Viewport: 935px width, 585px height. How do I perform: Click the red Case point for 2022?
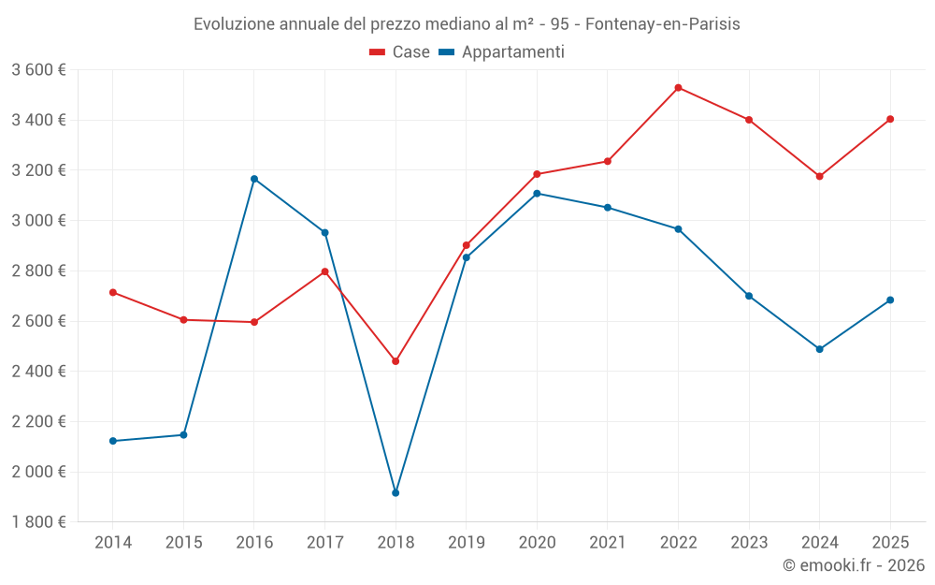point(678,88)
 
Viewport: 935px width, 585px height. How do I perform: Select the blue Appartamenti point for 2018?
point(396,493)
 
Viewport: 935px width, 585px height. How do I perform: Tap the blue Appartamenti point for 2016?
point(254,179)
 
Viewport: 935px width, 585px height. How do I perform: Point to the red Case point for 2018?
point(396,361)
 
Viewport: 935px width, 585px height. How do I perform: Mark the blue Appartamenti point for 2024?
point(819,349)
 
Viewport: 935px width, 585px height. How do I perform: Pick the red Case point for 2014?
point(113,292)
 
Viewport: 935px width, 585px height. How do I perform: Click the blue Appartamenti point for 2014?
point(113,441)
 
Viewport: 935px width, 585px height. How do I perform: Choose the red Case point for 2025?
point(890,120)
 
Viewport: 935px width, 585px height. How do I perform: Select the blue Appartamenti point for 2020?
point(537,194)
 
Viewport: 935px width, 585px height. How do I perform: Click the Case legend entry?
point(399,51)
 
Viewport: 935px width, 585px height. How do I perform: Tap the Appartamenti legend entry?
point(501,51)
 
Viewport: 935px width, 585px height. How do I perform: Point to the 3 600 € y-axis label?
point(38,70)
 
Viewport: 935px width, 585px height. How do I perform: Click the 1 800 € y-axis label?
point(38,522)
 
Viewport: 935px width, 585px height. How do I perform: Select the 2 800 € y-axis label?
point(38,271)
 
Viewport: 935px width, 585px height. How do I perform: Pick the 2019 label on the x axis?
point(467,542)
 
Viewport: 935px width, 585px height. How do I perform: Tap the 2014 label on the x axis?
point(113,542)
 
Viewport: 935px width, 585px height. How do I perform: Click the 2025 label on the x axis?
point(890,542)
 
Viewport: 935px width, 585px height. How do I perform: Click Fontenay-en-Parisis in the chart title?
point(663,24)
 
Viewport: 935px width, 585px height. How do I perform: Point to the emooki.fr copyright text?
point(854,564)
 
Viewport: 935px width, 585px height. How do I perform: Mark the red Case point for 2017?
point(325,271)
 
